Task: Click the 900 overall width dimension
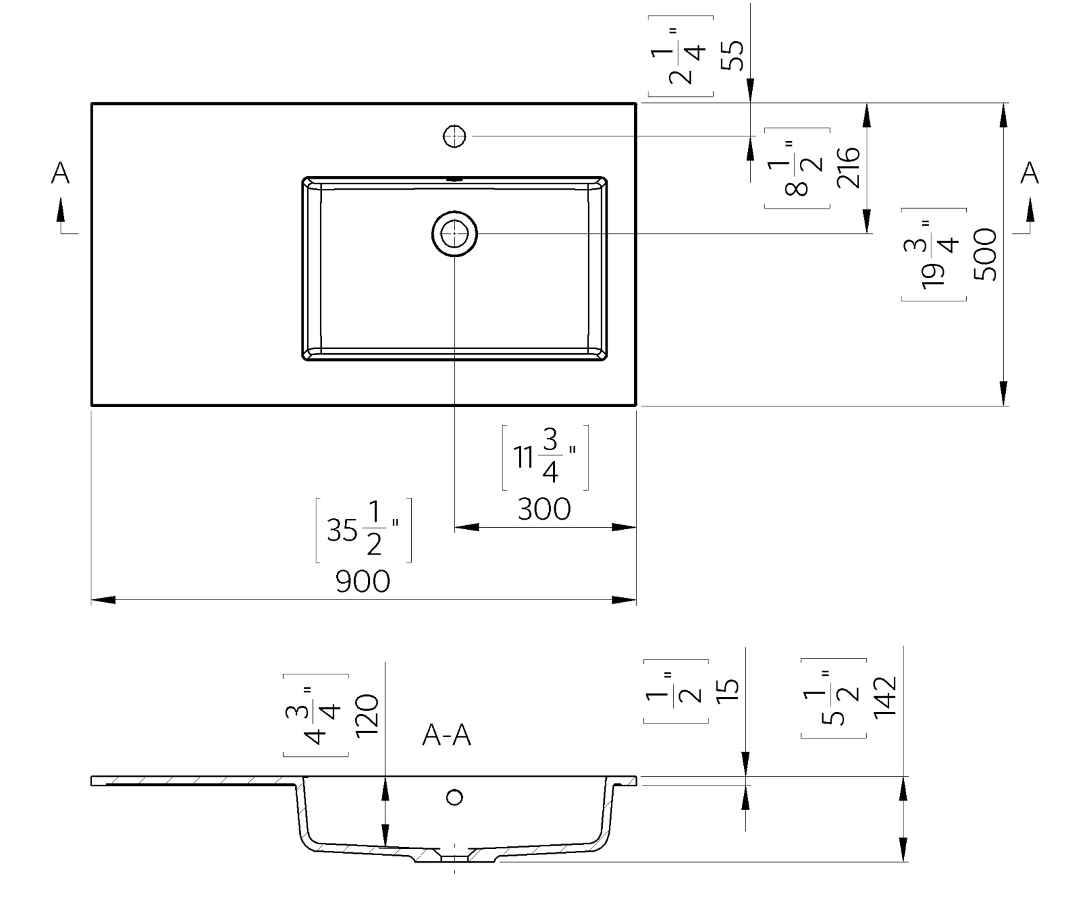pos(363,582)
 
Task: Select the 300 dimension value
pos(544,509)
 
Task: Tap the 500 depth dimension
pos(986,254)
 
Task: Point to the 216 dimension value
pos(849,168)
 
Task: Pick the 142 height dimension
pos(884,696)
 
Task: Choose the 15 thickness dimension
pos(728,690)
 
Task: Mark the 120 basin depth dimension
pos(367,715)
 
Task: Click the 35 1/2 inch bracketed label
pos(363,531)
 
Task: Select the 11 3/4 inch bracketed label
pos(545,457)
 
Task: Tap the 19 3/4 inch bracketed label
pos(933,254)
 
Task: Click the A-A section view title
pos(447,736)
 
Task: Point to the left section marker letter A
pos(61,173)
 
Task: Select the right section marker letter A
pos(1029,173)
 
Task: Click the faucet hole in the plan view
pos(455,136)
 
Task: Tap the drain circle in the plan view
pos(455,235)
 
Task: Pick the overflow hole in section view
pos(455,796)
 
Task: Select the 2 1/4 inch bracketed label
pos(681,56)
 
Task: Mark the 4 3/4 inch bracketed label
pos(315,715)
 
